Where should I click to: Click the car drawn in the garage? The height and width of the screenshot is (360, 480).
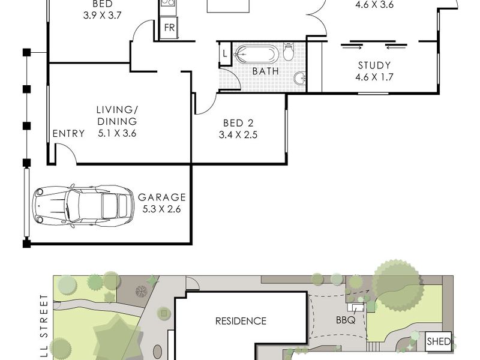[x=83, y=206]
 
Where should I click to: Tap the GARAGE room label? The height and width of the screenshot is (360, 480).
[x=162, y=197]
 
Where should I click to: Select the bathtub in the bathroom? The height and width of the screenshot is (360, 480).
[x=256, y=54]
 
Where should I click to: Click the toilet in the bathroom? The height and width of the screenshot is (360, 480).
[x=289, y=51]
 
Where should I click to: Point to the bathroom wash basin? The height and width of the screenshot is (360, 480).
[x=300, y=78]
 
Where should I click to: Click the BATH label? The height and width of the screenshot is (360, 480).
[x=266, y=71]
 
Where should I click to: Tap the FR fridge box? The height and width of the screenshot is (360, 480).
[x=169, y=28]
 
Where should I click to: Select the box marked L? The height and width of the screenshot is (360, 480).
[x=225, y=54]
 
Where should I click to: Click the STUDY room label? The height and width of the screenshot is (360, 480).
[x=374, y=65]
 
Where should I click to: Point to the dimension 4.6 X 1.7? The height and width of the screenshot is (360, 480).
[x=374, y=77]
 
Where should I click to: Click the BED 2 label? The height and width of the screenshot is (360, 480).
[x=238, y=123]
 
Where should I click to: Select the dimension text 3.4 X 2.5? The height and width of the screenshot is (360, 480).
[x=238, y=134]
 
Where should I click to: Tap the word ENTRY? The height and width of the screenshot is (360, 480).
[x=68, y=133]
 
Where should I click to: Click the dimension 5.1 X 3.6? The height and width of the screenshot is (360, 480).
[x=117, y=133]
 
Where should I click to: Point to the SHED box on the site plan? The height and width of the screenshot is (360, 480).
[x=439, y=341]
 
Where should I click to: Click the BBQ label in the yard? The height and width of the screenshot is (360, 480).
[x=346, y=320]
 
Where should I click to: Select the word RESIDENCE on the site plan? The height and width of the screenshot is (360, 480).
[x=241, y=321]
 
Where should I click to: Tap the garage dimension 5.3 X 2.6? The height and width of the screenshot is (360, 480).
[x=161, y=209]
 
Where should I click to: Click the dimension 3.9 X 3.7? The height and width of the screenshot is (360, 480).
[x=102, y=16]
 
